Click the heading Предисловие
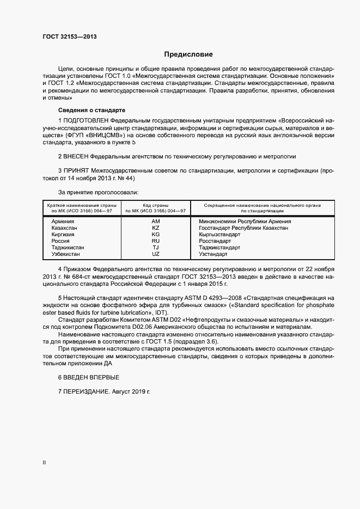click(188, 54)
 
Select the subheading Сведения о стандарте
click(91, 109)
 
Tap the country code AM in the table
click(156, 222)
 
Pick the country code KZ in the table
click(156, 228)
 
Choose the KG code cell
click(156, 235)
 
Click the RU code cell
click(156, 241)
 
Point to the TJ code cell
click(156, 248)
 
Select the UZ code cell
click(156, 254)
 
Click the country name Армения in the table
click(63, 222)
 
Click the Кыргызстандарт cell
click(220, 235)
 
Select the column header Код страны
click(156, 205)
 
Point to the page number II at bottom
click(44, 463)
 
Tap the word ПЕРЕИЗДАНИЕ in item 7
click(86, 392)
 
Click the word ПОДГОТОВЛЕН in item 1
click(86, 119)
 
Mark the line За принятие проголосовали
click(98, 192)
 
